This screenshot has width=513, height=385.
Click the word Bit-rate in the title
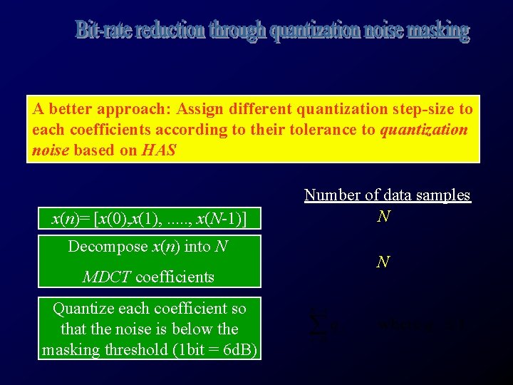(104, 31)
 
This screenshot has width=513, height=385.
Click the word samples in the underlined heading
(442, 195)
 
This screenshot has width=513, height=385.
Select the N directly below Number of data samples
(383, 216)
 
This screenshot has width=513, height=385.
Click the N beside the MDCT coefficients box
(383, 262)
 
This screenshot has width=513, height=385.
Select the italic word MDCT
(107, 277)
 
